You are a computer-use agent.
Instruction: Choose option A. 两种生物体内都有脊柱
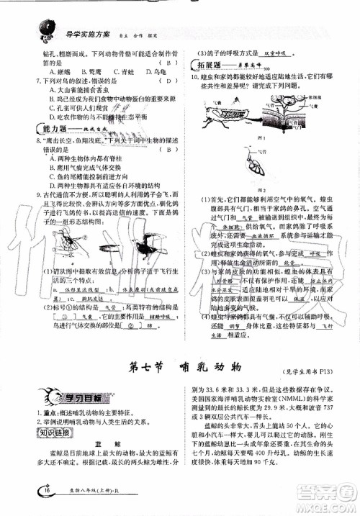tap(85, 158)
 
